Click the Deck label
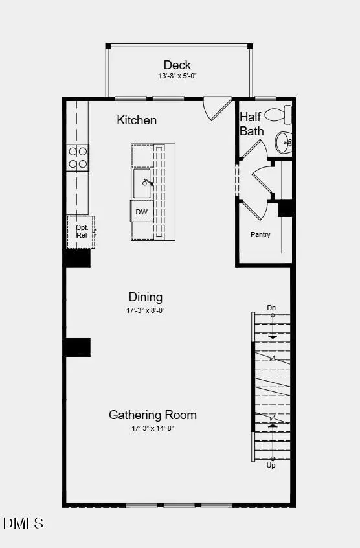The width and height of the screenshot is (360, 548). [177, 65]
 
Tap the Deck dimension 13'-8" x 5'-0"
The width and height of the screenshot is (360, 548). [177, 76]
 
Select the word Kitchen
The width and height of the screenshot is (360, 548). [137, 120]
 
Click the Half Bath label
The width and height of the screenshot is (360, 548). [252, 124]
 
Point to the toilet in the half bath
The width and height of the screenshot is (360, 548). [279, 115]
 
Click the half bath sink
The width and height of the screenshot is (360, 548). [284, 142]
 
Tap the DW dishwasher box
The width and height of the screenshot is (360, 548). [142, 212]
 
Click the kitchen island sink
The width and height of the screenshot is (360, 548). [143, 183]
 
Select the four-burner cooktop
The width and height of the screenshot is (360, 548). [77, 157]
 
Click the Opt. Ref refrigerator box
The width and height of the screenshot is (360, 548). [82, 231]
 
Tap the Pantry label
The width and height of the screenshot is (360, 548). [260, 234]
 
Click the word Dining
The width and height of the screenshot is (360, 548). [145, 297]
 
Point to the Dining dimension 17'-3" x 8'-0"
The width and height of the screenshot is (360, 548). [145, 311]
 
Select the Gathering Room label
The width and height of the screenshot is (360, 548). [152, 415]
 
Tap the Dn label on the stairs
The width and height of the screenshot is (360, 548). [271, 308]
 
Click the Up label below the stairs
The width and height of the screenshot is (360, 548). [271, 465]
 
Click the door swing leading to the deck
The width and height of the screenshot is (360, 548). [216, 108]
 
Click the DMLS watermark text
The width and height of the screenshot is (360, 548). [23, 523]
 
